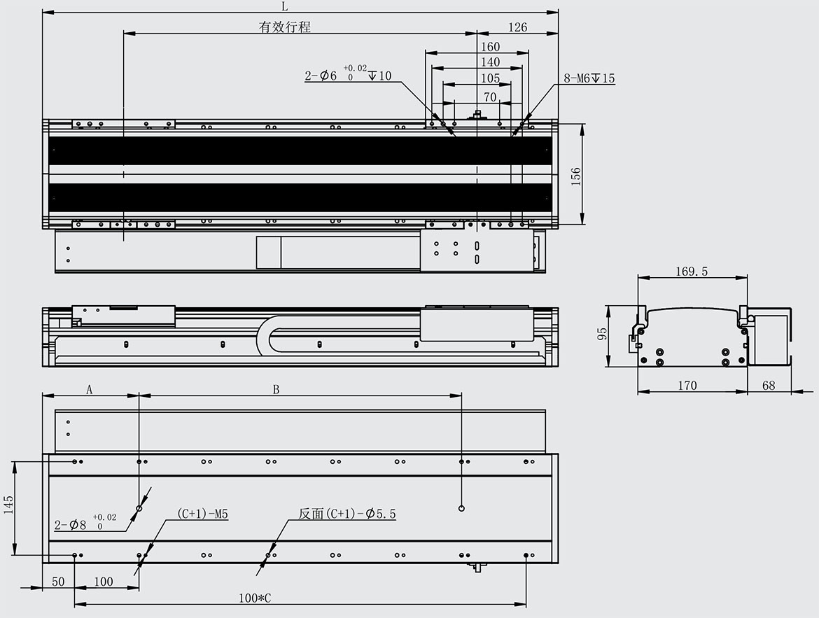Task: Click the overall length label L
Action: click(x=285, y=6)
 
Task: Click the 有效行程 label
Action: click(x=285, y=27)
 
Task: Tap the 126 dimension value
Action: click(x=517, y=27)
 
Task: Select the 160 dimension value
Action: click(x=490, y=46)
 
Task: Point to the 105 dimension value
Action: click(x=490, y=78)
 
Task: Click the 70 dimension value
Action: click(x=490, y=97)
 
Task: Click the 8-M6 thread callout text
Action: click(x=589, y=78)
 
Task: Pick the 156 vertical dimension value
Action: click(x=575, y=176)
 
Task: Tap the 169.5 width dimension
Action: click(x=692, y=271)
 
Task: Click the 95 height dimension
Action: click(x=602, y=335)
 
